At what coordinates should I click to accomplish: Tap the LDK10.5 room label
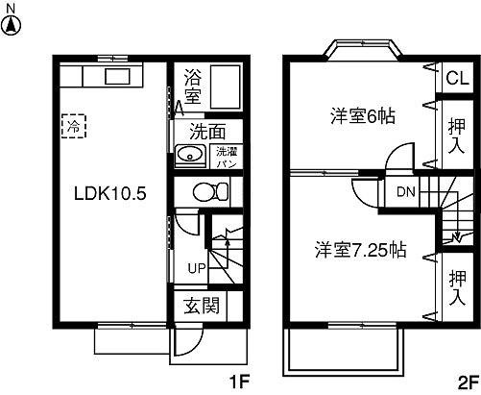point(109,192)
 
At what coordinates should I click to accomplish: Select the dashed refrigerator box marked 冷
point(73,125)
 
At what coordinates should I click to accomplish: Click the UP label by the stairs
point(196,267)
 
